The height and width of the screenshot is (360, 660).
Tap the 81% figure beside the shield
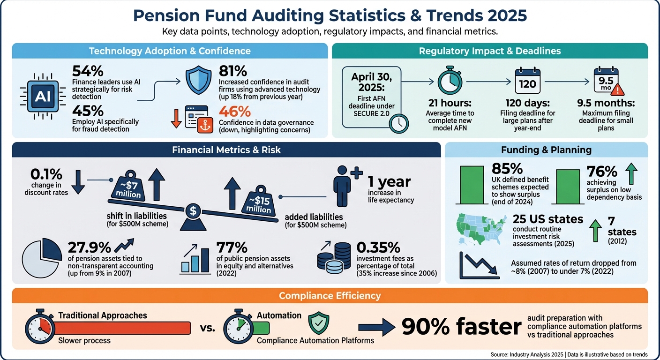pos(233,71)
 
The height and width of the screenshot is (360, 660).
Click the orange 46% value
pos(235,112)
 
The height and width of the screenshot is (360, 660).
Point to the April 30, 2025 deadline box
pos(369,97)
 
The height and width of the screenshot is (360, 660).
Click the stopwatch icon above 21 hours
pos(450,81)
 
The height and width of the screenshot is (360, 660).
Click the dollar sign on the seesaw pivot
pos(193,211)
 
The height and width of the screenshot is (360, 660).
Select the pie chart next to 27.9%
pos(42,259)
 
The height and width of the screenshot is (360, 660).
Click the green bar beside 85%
pos(472,185)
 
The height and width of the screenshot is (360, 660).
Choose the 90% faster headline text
pos(461,328)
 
